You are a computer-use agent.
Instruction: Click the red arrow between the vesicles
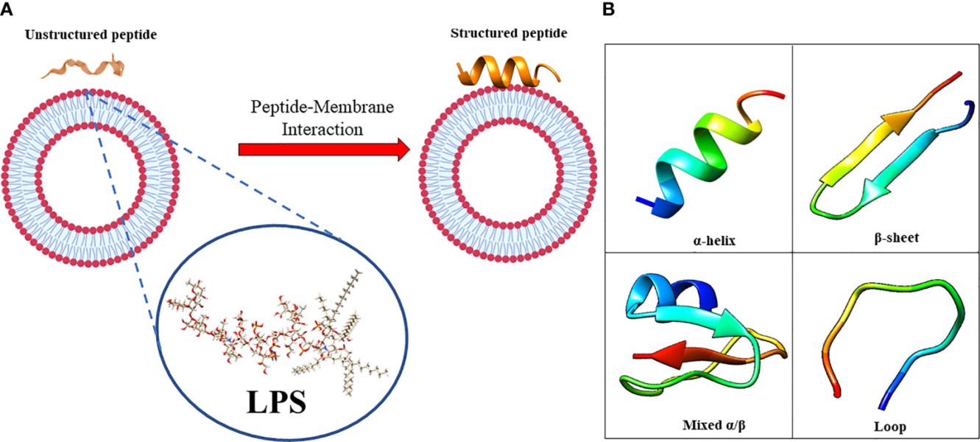324,150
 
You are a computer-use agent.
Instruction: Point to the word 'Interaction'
323,130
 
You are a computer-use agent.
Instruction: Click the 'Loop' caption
890,426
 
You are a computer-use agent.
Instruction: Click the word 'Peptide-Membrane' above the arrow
323,108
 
